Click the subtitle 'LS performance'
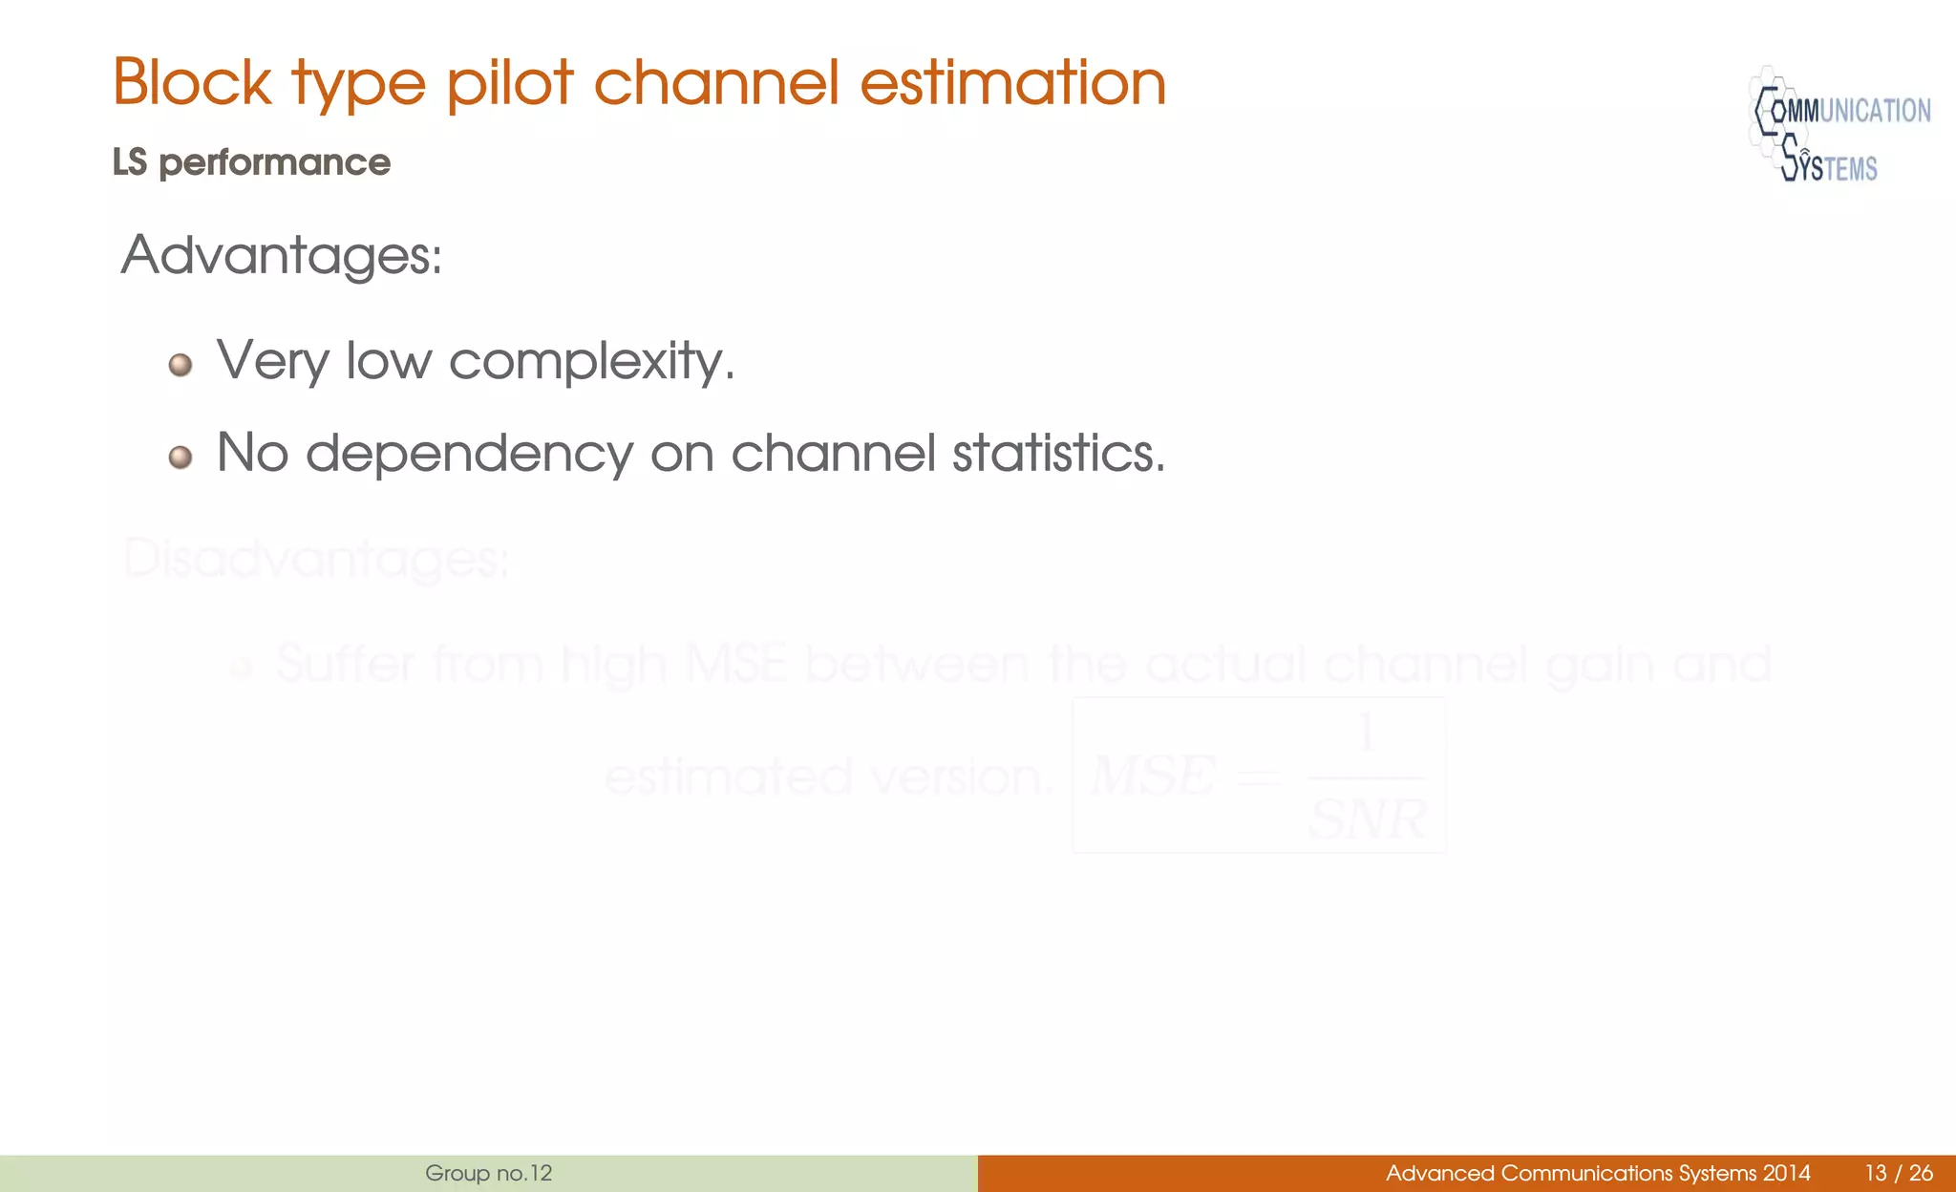[251, 162]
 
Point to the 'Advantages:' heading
[282, 256]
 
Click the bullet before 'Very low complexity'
[181, 365]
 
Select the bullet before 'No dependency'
[181, 458]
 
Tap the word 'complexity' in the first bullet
[591, 361]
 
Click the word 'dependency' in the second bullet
[469, 453]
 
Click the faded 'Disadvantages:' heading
[316, 560]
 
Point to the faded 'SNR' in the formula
[1367, 819]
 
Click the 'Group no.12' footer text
[489, 1173]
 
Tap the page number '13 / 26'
[1898, 1173]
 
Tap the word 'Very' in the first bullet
[272, 361]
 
